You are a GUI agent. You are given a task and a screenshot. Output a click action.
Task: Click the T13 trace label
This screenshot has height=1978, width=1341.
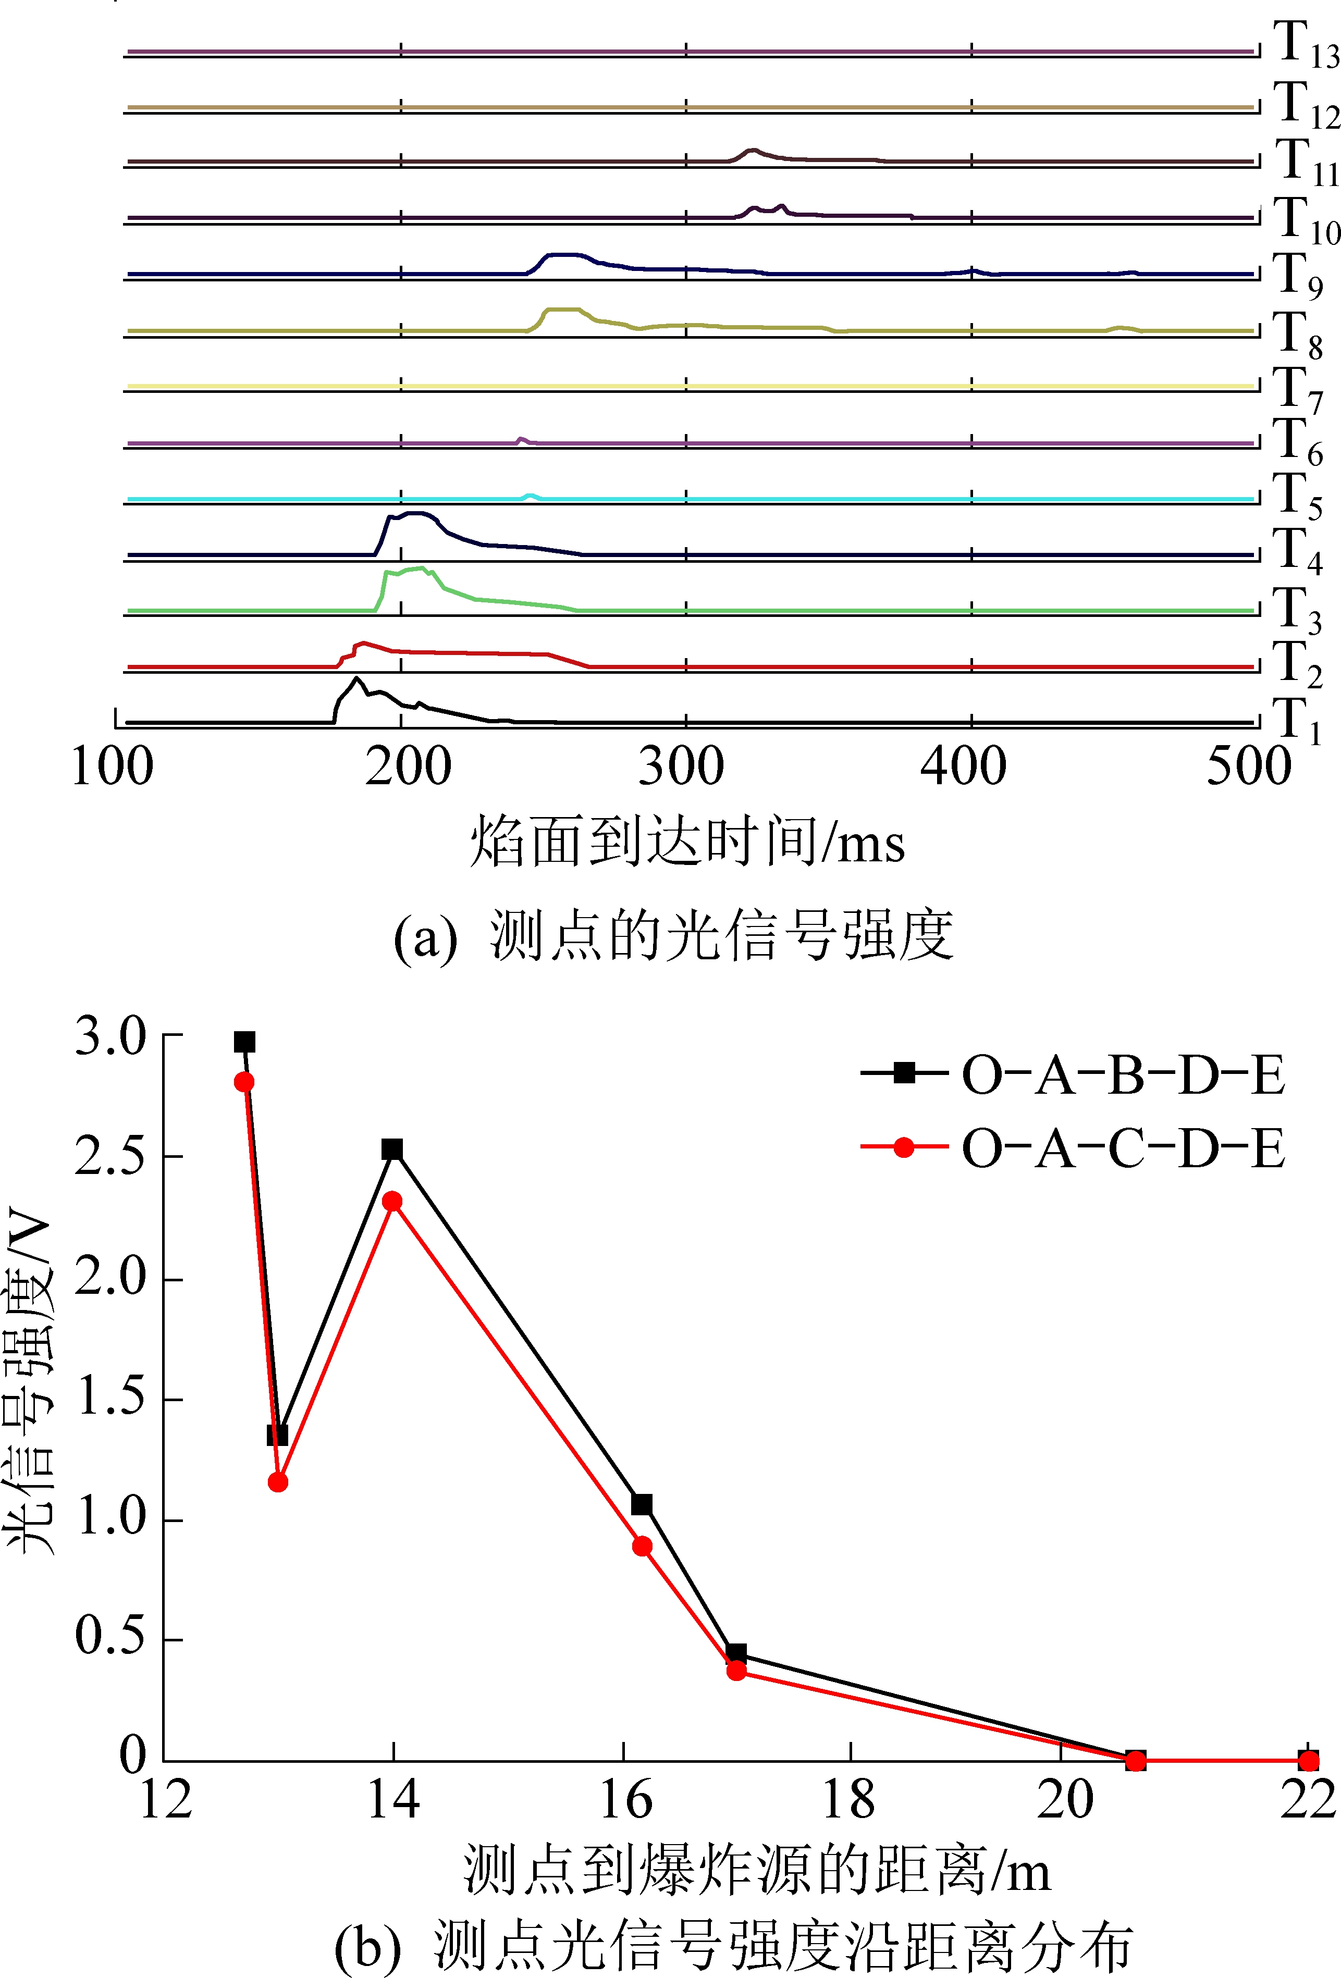1305,44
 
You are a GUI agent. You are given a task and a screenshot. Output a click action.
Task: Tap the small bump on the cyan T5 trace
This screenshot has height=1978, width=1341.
531,496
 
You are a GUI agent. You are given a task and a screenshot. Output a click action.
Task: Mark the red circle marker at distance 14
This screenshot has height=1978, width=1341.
391,1202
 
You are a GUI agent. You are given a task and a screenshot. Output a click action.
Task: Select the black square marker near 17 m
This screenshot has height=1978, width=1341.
736,1653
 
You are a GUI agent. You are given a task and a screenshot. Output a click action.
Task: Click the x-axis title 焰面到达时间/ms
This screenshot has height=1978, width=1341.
687,842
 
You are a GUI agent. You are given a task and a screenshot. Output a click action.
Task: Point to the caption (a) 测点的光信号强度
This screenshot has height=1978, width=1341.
673,936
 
